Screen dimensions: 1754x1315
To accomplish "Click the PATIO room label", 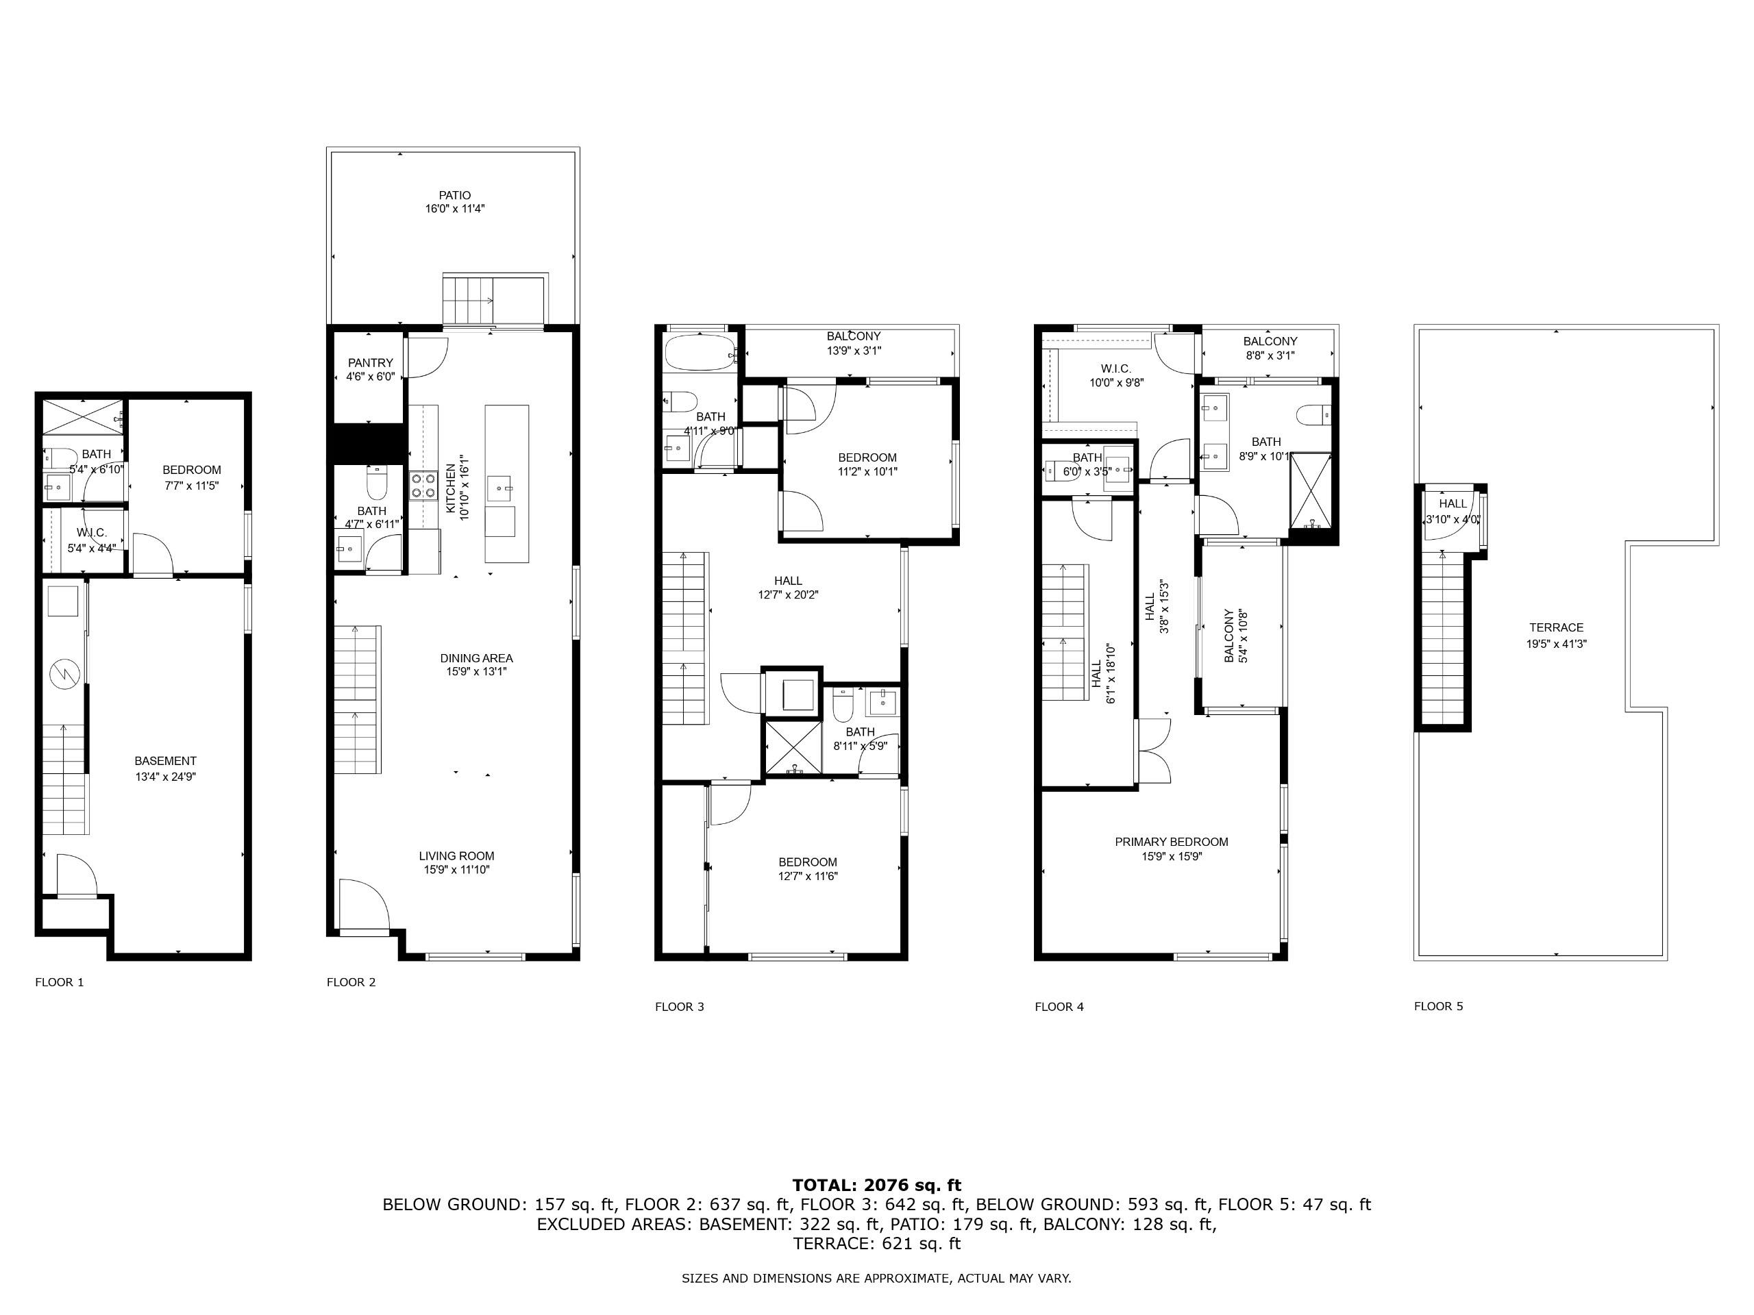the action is [x=455, y=195].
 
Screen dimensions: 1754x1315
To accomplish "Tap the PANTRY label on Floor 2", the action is [x=370, y=363].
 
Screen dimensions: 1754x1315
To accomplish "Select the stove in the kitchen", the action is [x=423, y=485].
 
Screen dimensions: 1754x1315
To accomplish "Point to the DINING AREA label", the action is [x=477, y=658].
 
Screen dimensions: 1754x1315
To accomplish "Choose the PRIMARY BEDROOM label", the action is [x=1171, y=842].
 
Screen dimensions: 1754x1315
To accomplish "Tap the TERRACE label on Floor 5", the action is [x=1557, y=627].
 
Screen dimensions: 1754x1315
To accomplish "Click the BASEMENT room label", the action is [x=165, y=761].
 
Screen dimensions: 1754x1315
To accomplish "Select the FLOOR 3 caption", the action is [x=680, y=1007].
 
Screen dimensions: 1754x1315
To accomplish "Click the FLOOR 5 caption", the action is [x=1438, y=1006].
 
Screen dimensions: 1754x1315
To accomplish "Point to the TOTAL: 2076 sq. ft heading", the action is [x=877, y=1185].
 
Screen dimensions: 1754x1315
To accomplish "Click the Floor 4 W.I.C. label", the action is [x=1115, y=368].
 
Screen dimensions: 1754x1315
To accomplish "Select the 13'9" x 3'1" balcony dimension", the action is [x=854, y=351].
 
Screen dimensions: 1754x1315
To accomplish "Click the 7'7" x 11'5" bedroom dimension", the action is [x=191, y=486].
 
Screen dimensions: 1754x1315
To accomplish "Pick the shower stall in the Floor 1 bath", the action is [x=82, y=417].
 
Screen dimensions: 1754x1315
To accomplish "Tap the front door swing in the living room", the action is [x=365, y=903].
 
